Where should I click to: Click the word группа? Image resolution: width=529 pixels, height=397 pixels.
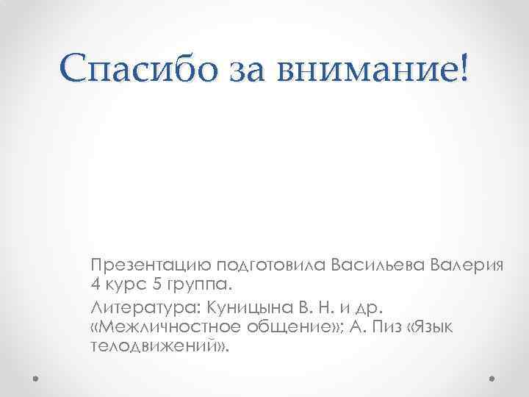click(201, 285)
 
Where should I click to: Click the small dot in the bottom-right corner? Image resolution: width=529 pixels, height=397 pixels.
click(492, 379)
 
